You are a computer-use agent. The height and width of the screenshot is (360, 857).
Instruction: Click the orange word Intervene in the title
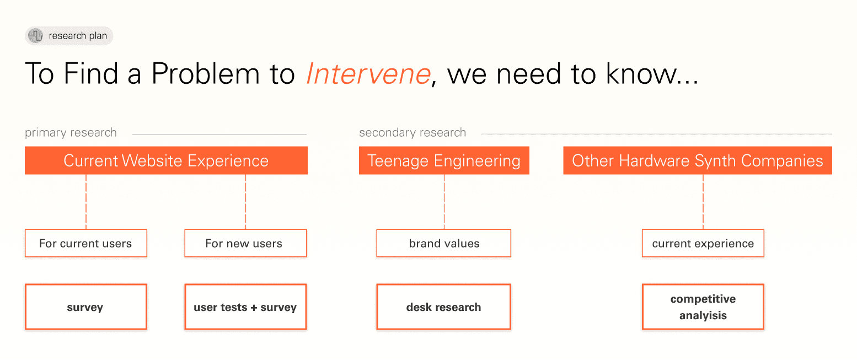tap(369, 73)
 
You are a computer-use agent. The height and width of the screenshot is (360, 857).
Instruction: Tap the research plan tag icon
tap(36, 36)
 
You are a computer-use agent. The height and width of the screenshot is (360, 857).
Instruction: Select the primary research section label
tap(71, 133)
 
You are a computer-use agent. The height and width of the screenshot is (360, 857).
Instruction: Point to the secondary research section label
tap(413, 133)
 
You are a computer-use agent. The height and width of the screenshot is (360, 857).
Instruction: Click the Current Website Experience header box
tap(166, 160)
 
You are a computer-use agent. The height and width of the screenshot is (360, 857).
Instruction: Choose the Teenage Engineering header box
tap(444, 160)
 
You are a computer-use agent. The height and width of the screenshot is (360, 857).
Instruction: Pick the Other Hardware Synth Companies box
tap(698, 160)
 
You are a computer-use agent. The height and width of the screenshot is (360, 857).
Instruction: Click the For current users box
tap(86, 243)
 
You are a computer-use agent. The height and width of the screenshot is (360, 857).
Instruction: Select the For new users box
tap(245, 243)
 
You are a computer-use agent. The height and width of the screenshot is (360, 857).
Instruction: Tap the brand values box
tap(444, 243)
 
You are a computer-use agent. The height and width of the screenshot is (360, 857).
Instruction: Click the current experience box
tap(703, 243)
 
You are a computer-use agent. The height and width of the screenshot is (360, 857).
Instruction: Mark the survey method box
tap(86, 307)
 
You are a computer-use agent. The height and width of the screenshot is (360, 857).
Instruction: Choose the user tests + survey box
tap(245, 307)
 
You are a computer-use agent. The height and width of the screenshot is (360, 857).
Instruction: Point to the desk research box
tap(444, 307)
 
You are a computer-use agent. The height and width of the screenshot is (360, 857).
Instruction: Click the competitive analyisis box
tap(703, 307)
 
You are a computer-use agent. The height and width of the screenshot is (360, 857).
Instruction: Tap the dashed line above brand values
tap(444, 202)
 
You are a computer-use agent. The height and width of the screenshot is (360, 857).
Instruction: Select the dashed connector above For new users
tap(245, 202)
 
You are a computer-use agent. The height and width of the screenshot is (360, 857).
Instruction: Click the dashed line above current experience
tap(703, 202)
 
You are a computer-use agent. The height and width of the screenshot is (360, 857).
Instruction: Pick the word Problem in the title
tap(206, 73)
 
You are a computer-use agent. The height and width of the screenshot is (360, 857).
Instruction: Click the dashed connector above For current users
tap(86, 202)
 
